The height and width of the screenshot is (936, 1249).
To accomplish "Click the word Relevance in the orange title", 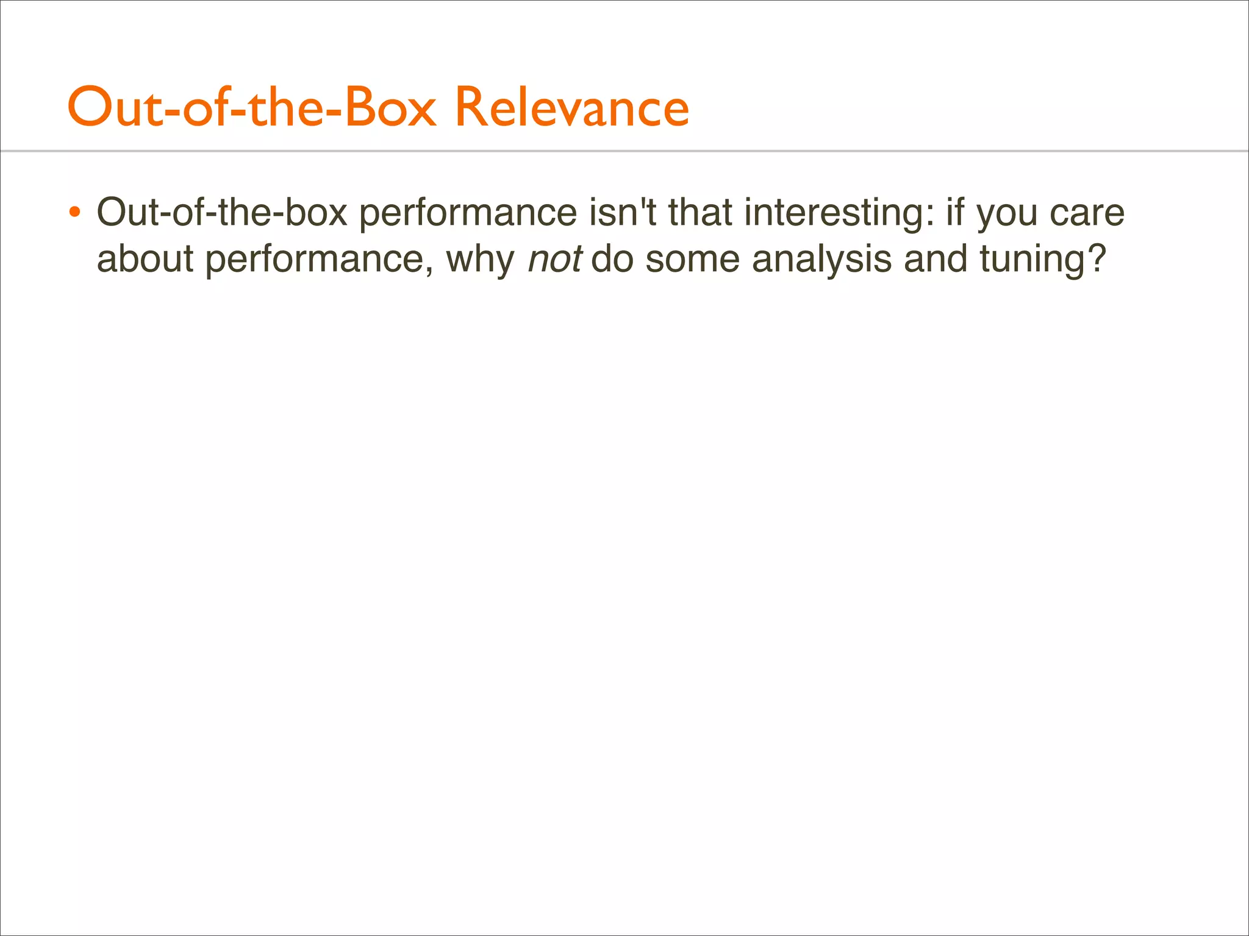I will pos(572,108).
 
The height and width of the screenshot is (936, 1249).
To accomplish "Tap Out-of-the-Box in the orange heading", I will pos(252,108).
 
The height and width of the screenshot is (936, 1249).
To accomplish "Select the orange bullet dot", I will pos(74,213).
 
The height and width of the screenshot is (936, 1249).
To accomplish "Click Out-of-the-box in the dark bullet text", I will pos(222,213).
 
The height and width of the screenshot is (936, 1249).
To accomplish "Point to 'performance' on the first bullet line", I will pos(468,213).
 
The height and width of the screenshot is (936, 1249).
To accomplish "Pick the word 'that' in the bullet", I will pos(700,213).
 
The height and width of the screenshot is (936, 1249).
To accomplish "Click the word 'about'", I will pos(145,259).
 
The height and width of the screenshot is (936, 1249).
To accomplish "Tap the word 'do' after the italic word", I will pos(612,259).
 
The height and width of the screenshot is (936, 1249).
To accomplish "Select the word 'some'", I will pos(693,259).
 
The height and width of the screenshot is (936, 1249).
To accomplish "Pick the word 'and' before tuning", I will pos(936,259).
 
